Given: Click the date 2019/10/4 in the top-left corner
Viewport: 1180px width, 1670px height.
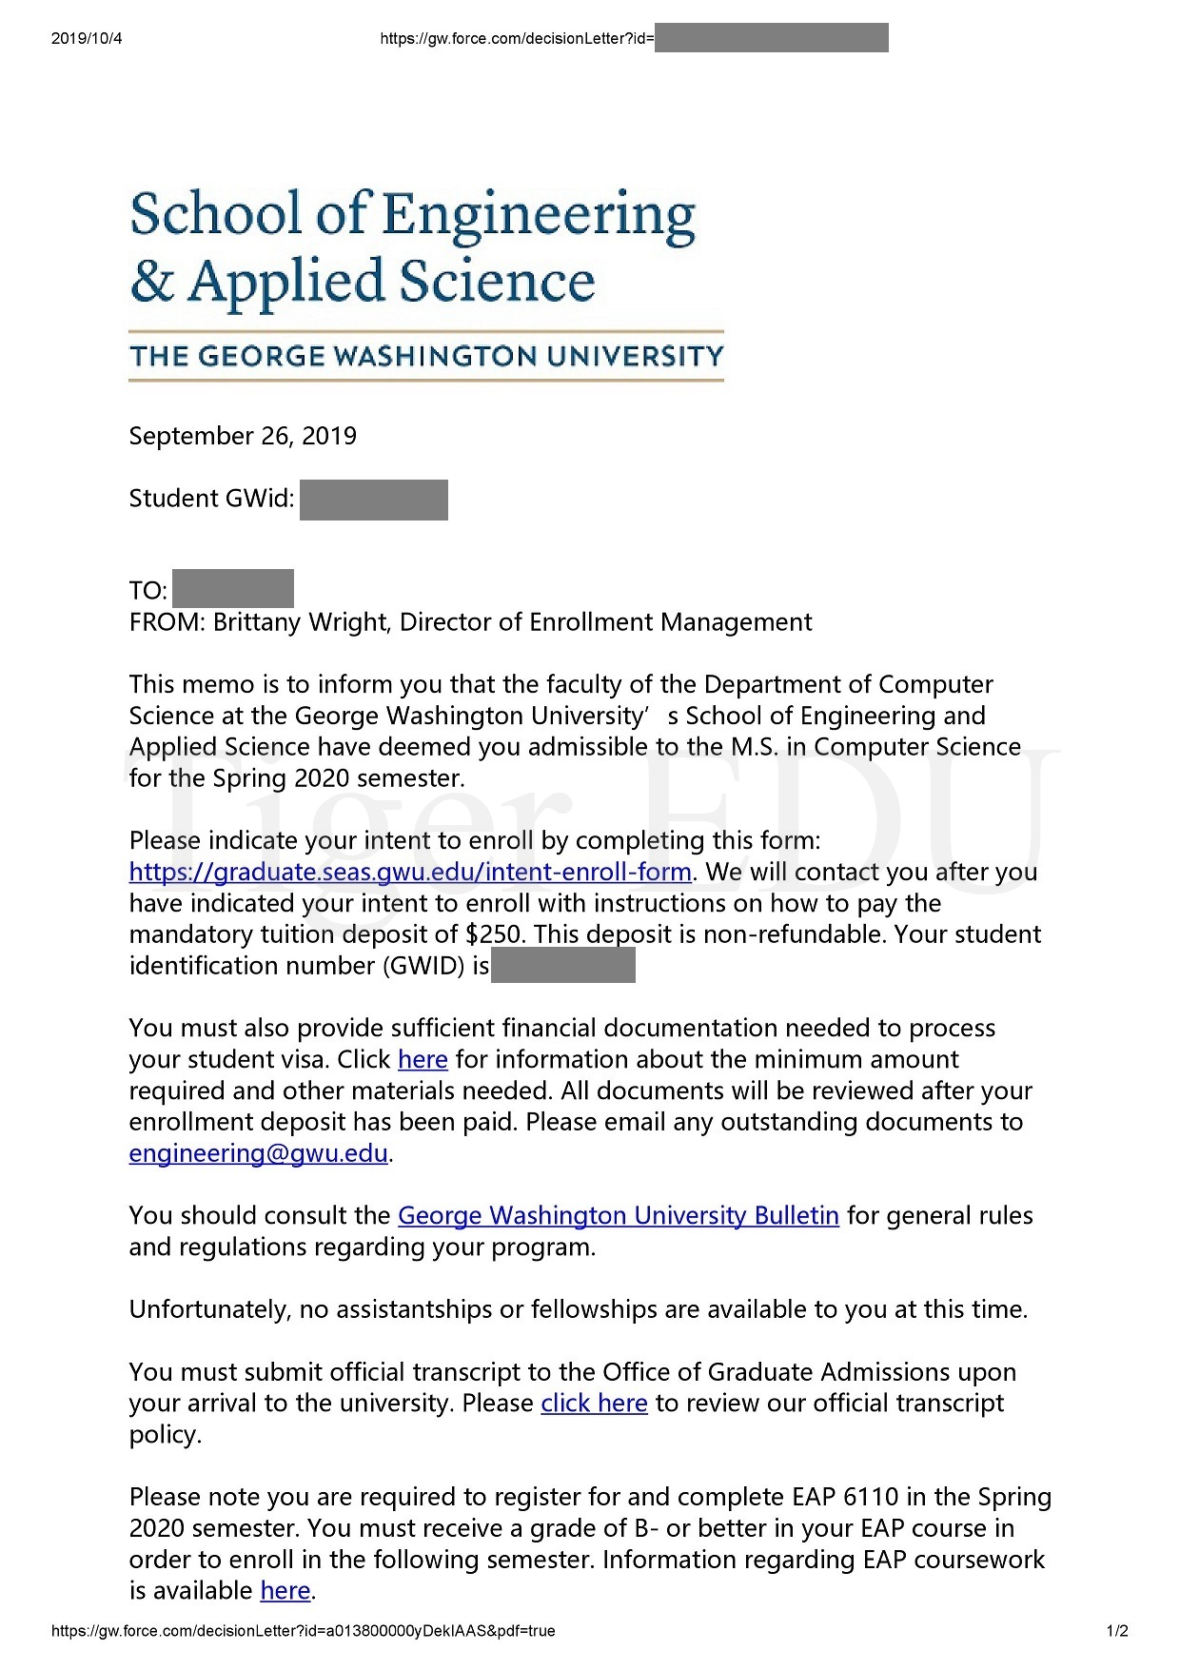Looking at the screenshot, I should coord(87,39).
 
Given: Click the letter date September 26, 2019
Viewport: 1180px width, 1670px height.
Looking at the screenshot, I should coord(243,436).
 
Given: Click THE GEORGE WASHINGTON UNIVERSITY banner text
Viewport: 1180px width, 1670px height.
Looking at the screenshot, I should coord(426,356).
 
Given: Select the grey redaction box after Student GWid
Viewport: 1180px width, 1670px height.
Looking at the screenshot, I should coord(373,500).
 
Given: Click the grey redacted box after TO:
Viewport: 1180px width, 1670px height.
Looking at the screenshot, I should coord(233,589).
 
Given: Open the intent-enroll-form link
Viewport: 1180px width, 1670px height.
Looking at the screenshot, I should coord(410,872).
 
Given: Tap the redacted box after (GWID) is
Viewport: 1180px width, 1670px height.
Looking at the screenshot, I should coord(562,966).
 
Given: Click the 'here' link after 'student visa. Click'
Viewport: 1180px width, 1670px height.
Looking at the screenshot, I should coord(423,1060).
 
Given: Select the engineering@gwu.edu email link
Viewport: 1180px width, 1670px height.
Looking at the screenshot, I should coord(259,1153).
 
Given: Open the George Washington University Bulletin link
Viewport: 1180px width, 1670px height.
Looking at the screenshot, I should coord(618,1216).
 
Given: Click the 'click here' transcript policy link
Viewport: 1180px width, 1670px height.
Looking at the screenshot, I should coord(594,1404).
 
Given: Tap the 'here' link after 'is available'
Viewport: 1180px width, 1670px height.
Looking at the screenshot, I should coord(285,1591).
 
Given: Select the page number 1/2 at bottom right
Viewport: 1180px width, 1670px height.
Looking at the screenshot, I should coord(1117,1630).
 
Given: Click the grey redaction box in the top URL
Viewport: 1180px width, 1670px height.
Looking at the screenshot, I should coord(772,38).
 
